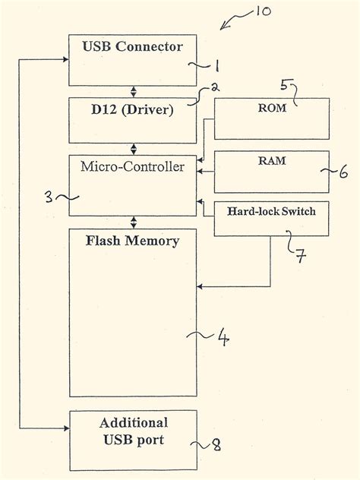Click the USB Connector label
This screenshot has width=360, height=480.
[132, 47]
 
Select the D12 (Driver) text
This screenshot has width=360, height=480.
[132, 109]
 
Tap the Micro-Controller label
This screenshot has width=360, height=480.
[132, 166]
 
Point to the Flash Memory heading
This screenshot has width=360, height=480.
[132, 242]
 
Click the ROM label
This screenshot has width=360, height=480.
[272, 108]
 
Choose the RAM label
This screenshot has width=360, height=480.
[271, 161]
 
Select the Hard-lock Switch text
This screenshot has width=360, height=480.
[271, 212]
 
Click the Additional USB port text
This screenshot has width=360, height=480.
[133, 430]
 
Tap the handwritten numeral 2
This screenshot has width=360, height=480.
[215, 87]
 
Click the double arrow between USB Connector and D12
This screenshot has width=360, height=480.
[134, 91]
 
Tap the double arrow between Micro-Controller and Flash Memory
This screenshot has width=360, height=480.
[134, 222]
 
